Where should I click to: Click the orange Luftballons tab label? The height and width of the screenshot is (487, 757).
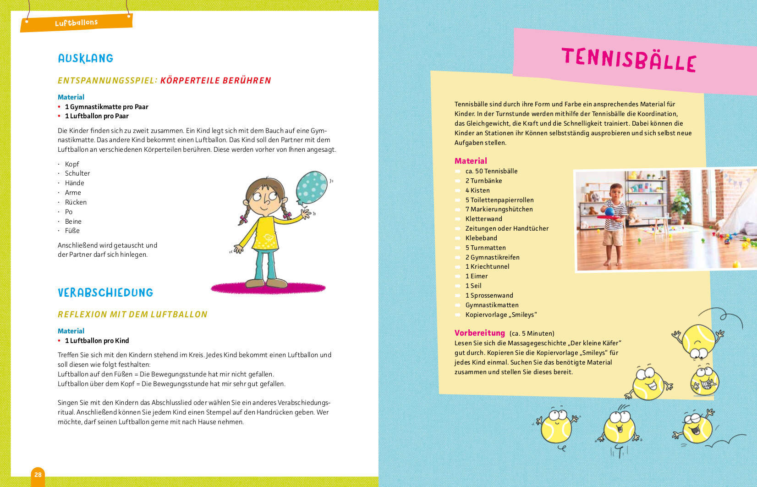pyautogui.click(x=76, y=22)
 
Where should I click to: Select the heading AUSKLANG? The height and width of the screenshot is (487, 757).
pyautogui.click(x=85, y=58)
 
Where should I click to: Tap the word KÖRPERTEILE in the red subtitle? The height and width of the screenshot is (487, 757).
pyautogui.click(x=189, y=81)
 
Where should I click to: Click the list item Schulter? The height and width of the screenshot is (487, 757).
pyautogui.click(x=77, y=173)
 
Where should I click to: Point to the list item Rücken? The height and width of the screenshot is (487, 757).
pyautogui.click(x=76, y=202)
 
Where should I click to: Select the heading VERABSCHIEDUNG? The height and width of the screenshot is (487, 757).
pyautogui.click(x=105, y=293)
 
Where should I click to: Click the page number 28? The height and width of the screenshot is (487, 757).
pyautogui.click(x=38, y=475)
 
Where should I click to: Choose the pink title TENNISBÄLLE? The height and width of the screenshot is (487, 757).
pyautogui.click(x=629, y=60)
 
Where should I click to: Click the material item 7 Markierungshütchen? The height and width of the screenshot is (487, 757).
pyautogui.click(x=499, y=209)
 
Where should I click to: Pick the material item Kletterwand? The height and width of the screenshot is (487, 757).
pyautogui.click(x=484, y=219)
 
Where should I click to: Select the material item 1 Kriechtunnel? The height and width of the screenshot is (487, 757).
pyautogui.click(x=487, y=266)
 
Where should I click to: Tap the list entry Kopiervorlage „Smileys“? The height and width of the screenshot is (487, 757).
pyautogui.click(x=501, y=315)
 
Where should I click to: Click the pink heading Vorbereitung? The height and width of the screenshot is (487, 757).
pyautogui.click(x=479, y=333)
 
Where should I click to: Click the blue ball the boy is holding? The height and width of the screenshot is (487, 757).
pyautogui.click(x=609, y=211)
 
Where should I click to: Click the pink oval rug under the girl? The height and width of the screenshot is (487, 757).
pyautogui.click(x=268, y=288)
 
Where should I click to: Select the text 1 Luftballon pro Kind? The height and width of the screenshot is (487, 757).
pyautogui.click(x=97, y=341)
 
